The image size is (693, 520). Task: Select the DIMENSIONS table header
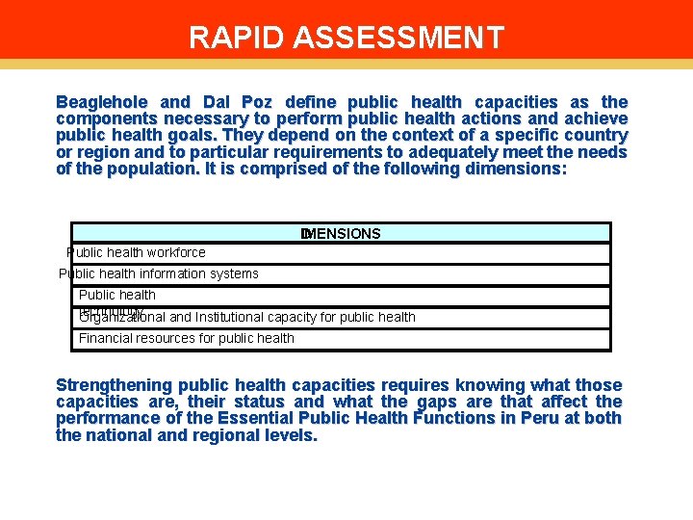[341, 234]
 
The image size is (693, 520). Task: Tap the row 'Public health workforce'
[136, 252]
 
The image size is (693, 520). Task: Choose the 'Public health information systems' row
[159, 273]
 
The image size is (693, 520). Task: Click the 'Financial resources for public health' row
[186, 338]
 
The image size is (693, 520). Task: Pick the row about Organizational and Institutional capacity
[248, 317]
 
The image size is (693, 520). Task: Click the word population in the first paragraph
[136, 169]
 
